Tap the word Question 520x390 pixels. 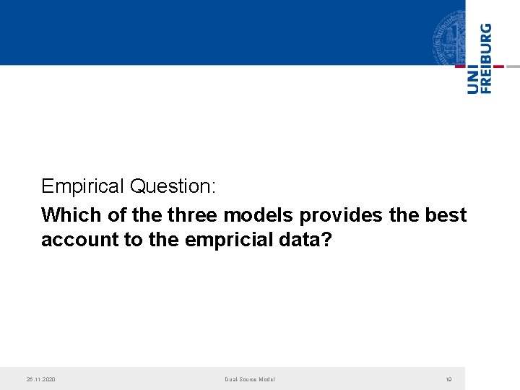172,186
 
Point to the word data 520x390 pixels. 307,240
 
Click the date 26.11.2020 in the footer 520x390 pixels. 41,379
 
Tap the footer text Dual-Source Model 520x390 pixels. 249,379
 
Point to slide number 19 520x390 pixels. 448,379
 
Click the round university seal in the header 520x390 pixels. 449,36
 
